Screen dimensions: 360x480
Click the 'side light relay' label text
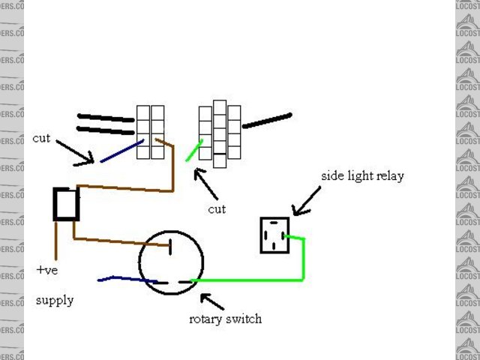pos(362,176)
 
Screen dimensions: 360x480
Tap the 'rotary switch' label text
pos(225,319)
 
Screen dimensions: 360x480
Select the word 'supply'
pos(55,300)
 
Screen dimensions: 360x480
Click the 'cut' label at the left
pos(41,139)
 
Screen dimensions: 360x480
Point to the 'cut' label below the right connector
pos(217,209)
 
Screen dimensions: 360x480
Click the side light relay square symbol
pos(274,235)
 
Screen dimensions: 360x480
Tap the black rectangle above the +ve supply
pos(66,204)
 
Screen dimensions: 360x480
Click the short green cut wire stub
pos(194,151)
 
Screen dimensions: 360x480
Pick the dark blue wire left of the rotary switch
pos(124,280)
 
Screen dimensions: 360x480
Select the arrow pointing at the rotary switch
pos(211,301)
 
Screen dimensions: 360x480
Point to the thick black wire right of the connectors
pos(267,121)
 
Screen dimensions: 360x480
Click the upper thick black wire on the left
pos(106,118)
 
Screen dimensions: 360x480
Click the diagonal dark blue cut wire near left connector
pos(121,151)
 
